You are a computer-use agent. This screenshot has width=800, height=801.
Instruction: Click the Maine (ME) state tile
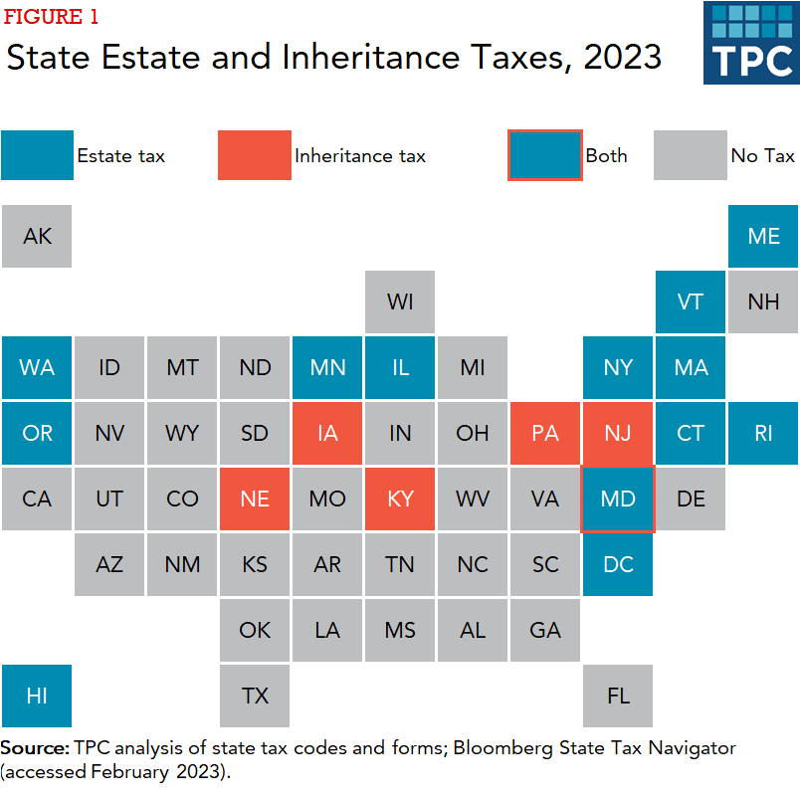[x=763, y=236]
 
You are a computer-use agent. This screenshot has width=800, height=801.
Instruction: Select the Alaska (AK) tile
[x=37, y=236]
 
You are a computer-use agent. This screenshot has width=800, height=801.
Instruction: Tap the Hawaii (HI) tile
[x=37, y=696]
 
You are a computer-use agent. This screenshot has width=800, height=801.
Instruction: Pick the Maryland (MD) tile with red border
[x=618, y=499]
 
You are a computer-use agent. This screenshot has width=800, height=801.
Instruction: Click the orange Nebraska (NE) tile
[x=255, y=499]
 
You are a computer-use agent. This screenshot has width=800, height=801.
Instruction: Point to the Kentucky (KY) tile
[x=400, y=499]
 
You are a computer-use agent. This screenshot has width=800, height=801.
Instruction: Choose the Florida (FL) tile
[x=618, y=696]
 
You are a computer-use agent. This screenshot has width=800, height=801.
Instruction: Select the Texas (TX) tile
[x=255, y=696]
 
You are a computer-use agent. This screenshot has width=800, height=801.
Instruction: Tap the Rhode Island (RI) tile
[x=763, y=433]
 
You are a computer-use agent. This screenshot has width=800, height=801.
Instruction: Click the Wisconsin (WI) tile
[x=400, y=301]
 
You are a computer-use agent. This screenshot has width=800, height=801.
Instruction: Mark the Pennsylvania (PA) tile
[x=545, y=433]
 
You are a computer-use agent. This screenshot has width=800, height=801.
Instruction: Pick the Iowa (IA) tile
[x=327, y=433]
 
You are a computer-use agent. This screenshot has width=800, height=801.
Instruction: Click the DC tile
[x=618, y=564]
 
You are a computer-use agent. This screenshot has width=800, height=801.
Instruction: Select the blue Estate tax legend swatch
[x=37, y=155]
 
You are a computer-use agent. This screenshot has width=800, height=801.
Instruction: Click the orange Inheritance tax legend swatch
[x=255, y=155]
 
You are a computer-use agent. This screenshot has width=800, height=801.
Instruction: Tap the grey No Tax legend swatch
[x=690, y=155]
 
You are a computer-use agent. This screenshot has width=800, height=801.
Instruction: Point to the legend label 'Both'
[x=606, y=155]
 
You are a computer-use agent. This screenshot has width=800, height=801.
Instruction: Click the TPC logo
[x=751, y=43]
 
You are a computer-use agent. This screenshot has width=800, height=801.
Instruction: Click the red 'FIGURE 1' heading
[x=52, y=17]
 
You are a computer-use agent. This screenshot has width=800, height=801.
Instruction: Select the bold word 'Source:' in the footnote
[x=35, y=747]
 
